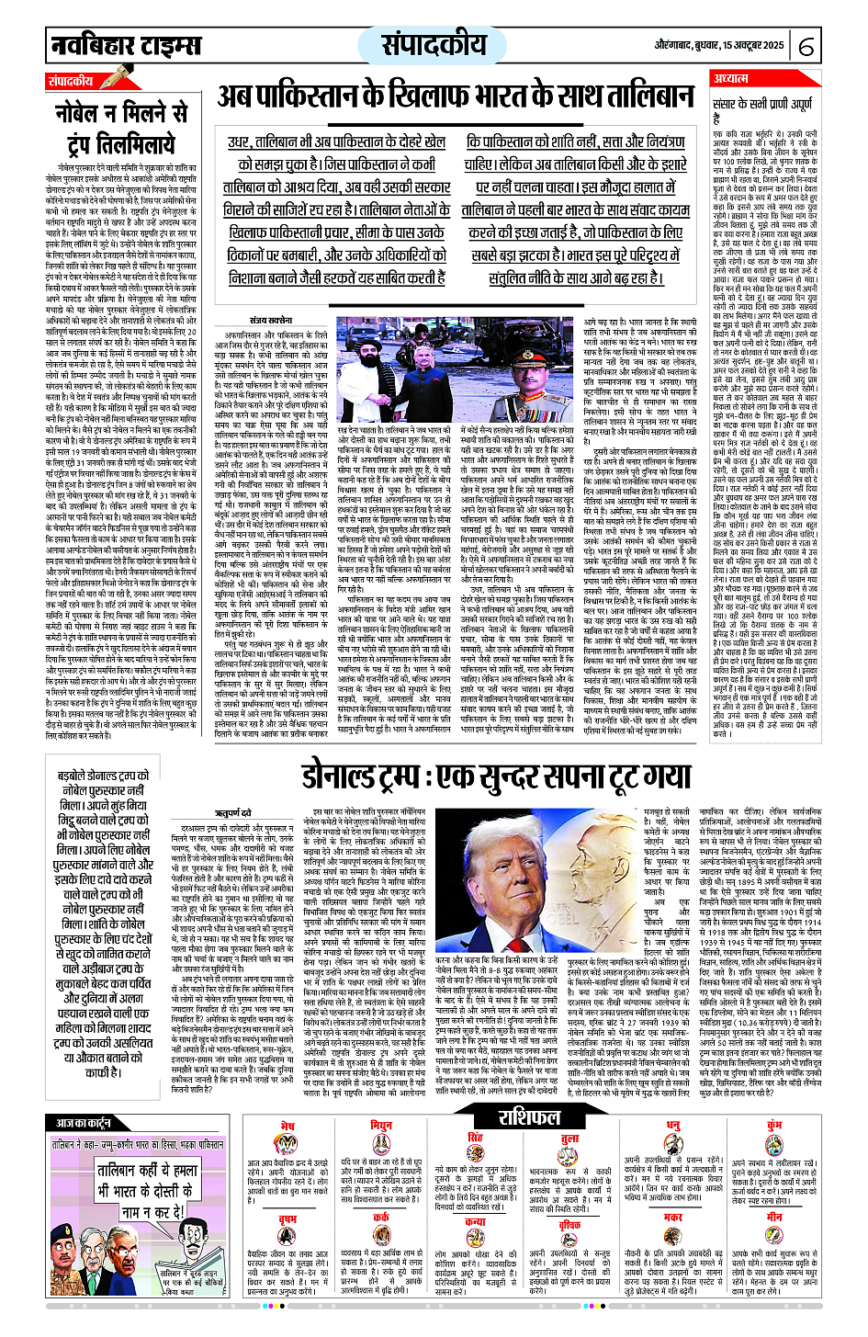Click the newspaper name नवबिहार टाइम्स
(125, 44)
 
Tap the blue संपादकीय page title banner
(434, 44)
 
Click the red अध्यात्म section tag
(732, 79)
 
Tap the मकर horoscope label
(673, 1218)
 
